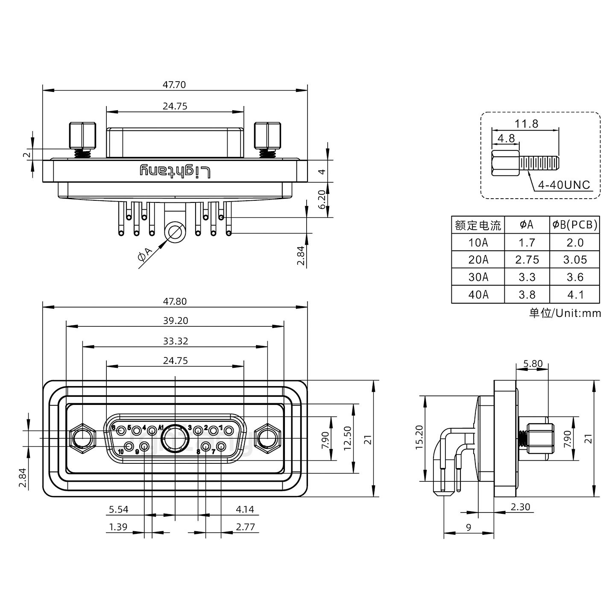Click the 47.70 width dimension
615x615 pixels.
coord(174,85)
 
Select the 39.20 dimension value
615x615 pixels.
coord(175,320)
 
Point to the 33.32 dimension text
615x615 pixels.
coord(175,341)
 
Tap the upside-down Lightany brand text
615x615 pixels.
coord(175,172)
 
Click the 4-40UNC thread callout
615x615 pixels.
coord(564,185)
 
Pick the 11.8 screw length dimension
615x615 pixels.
coord(526,124)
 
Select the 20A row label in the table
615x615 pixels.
coord(478,260)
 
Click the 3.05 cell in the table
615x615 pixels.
coord(575,260)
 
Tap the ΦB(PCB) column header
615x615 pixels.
coord(575,225)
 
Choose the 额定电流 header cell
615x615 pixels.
coord(478,225)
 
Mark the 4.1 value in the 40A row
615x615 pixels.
coord(575,295)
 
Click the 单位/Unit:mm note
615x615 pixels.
coord(565,313)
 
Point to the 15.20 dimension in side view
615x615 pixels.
coord(419,438)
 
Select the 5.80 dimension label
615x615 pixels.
coord(533,364)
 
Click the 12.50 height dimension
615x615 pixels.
coord(347,438)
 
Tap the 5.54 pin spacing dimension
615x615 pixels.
coord(118,509)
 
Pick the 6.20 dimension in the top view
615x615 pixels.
coord(323,199)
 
